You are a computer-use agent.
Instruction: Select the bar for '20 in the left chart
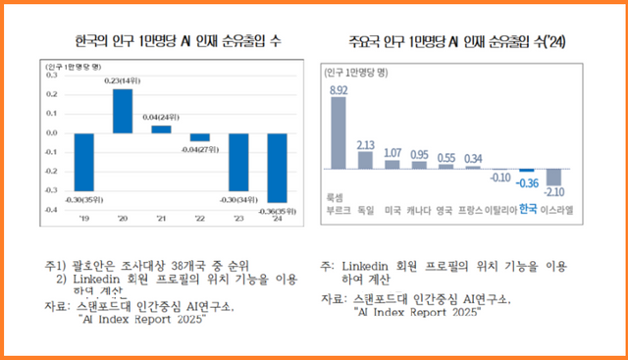[x=123, y=110]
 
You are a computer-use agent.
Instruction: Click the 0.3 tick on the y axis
[x=50, y=75]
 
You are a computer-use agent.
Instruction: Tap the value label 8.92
[x=339, y=90]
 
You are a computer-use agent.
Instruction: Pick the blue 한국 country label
[x=528, y=209]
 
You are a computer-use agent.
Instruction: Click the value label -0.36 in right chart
[x=527, y=182]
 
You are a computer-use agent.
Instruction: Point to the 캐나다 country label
[x=419, y=210]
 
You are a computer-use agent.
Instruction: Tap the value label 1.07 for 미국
[x=392, y=153]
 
